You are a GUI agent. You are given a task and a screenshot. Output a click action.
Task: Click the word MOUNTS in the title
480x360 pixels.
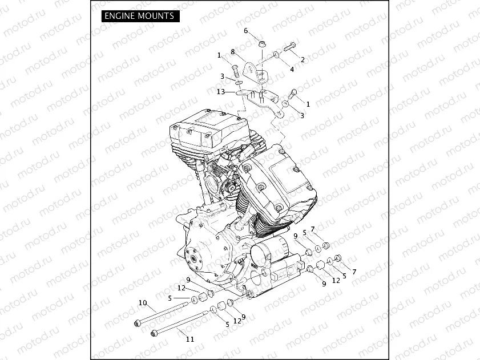pyautogui.click(x=155, y=16)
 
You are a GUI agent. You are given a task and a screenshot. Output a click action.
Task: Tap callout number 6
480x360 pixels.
pyautogui.click(x=246, y=31)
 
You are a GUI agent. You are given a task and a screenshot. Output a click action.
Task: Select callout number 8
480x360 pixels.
pyautogui.click(x=233, y=51)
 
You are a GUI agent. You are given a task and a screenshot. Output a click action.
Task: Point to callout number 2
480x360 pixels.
pyautogui.click(x=302, y=59)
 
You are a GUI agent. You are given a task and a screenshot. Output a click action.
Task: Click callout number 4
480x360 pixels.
pyautogui.click(x=292, y=69)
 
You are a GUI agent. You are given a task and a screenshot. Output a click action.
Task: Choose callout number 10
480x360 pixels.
pyautogui.click(x=143, y=302)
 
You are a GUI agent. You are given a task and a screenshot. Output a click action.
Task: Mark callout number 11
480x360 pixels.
pyautogui.click(x=190, y=339)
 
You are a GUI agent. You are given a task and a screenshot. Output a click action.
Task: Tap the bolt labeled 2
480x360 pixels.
pyautogui.click(x=289, y=47)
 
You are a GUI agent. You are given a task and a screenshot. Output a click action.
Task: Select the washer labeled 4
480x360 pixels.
pyautogui.click(x=276, y=55)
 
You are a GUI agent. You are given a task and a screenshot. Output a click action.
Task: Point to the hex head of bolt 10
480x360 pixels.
pyautogui.click(x=138, y=324)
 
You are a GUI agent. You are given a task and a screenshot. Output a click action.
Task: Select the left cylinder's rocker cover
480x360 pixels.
pyautogui.click(x=208, y=128)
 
